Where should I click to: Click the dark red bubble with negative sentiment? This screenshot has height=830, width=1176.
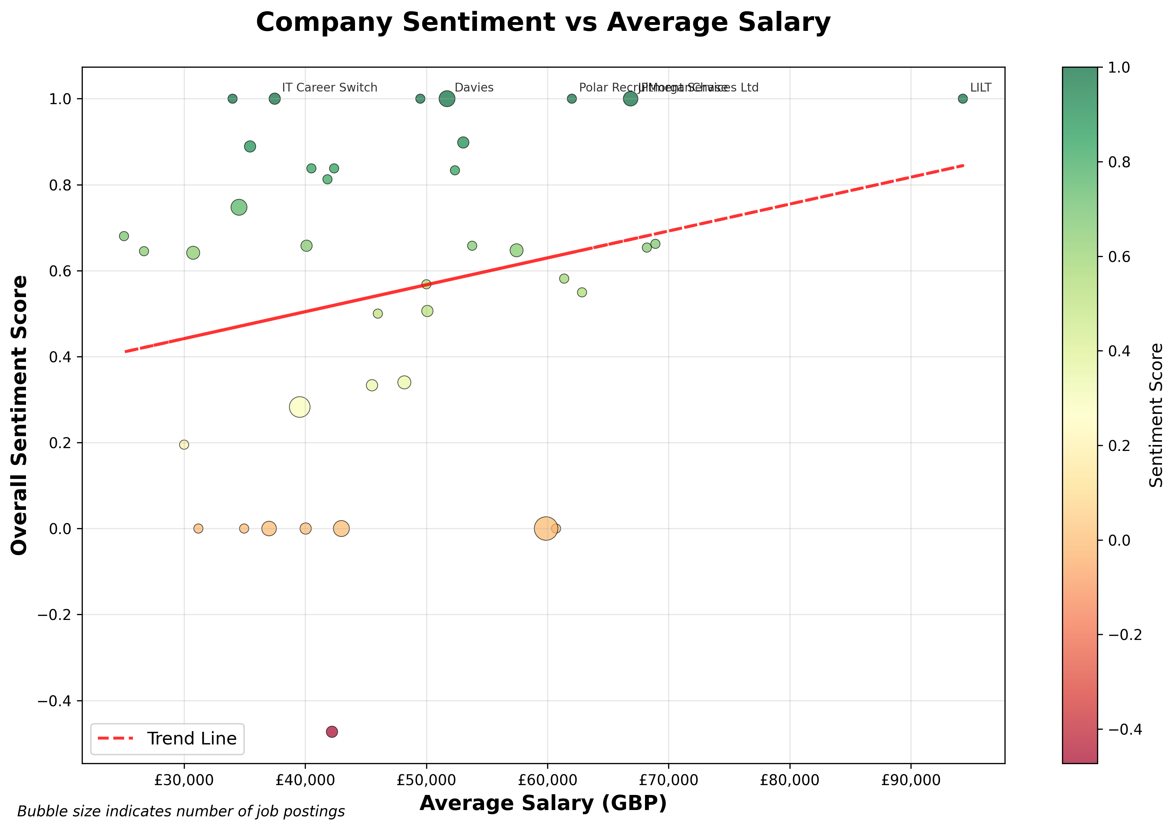pyautogui.click(x=332, y=732)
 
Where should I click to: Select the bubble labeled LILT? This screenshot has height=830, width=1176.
pyautogui.click(x=963, y=99)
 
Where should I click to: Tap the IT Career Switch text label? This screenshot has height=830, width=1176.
pyautogui.click(x=329, y=88)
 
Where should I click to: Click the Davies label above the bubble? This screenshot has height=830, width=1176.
pyautogui.click(x=474, y=88)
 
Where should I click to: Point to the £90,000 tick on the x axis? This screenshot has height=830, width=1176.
pyautogui.click(x=911, y=780)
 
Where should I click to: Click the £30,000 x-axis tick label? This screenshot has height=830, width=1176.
pyautogui.click(x=184, y=780)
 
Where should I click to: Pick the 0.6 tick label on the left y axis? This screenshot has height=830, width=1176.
pyautogui.click(x=60, y=271)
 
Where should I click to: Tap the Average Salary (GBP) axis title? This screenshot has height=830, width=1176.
pyautogui.click(x=543, y=803)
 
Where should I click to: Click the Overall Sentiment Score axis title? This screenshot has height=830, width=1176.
pyautogui.click(x=19, y=415)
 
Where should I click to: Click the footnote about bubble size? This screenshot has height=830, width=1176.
pyautogui.click(x=181, y=811)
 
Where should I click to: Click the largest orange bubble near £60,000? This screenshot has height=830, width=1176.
pyautogui.click(x=546, y=528)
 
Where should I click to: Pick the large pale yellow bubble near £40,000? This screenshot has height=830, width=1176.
pyautogui.click(x=300, y=407)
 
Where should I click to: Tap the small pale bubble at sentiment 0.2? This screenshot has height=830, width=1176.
pyautogui.click(x=184, y=444)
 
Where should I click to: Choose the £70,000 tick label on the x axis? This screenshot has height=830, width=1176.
pyautogui.click(x=668, y=780)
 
